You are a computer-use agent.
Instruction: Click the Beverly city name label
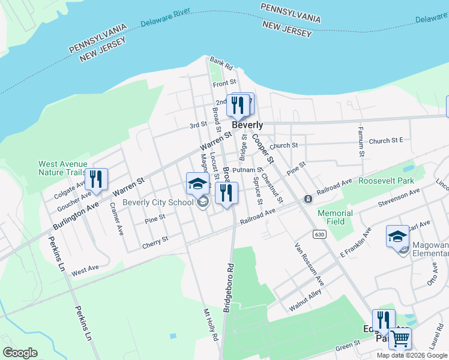point(247,125)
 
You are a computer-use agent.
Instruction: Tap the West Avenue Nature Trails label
point(62,168)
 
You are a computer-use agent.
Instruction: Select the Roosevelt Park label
point(386,180)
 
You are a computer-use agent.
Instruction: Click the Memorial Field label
point(335,217)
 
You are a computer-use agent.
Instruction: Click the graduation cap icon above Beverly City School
point(197,184)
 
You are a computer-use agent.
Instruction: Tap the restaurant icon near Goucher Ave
point(96,179)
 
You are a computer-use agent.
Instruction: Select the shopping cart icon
point(400,338)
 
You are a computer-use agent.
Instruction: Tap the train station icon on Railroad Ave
point(308,199)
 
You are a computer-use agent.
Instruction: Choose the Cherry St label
point(155,242)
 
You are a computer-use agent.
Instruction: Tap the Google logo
point(20,353)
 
